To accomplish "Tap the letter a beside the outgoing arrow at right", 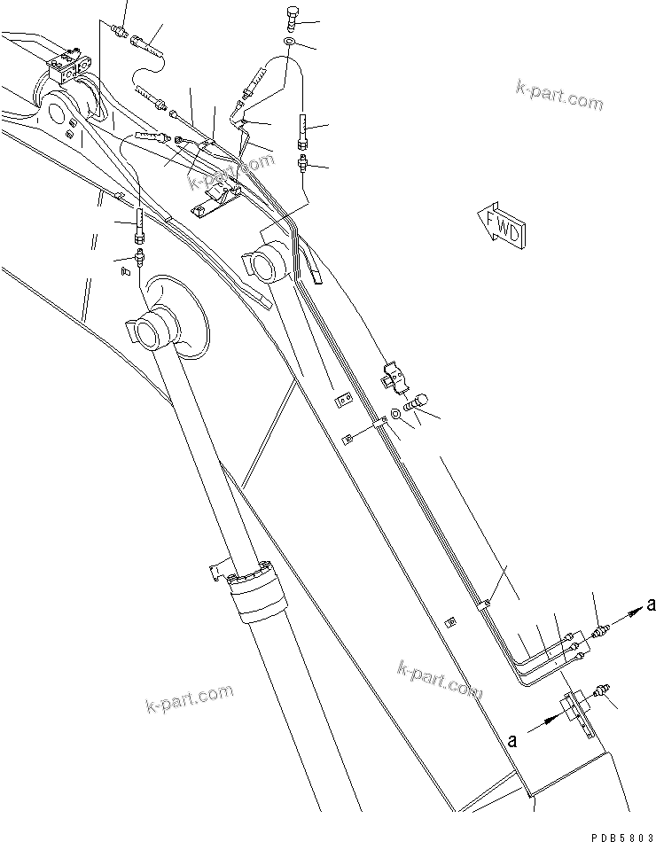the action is click(x=651, y=604).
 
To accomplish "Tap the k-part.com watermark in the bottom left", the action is click(x=189, y=700).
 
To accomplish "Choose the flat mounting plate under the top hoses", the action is click(x=218, y=196).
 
